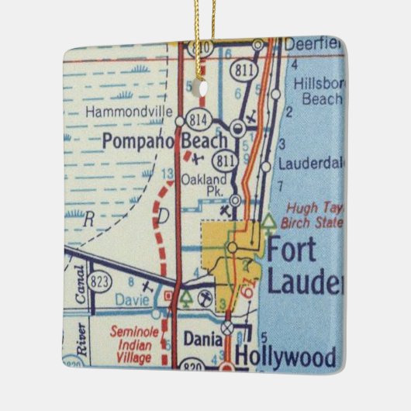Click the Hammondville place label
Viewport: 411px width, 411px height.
129,112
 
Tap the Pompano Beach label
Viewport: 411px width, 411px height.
165,141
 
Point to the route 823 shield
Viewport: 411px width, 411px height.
99,280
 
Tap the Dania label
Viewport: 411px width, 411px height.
203,338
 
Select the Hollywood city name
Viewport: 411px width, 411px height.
285,358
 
